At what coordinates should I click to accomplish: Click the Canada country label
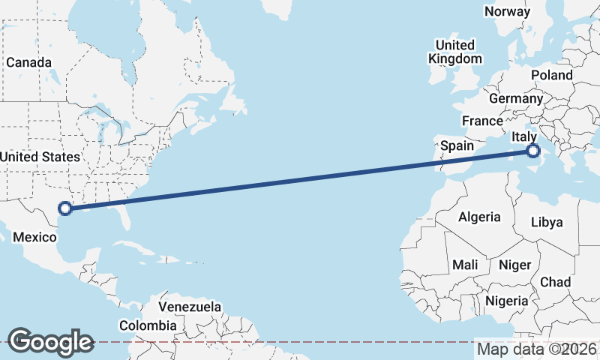[x=29, y=62]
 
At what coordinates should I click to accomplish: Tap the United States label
[x=40, y=157]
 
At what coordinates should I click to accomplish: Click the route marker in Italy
[x=533, y=151]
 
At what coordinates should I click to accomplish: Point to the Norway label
[x=507, y=11]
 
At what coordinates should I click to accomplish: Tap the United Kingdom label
[x=455, y=52]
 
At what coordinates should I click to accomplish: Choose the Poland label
[x=551, y=75]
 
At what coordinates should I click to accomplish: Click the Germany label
[x=515, y=98]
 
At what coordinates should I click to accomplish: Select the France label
[x=482, y=121]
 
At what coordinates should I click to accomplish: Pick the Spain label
[x=457, y=145]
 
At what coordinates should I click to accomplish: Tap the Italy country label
[x=523, y=136]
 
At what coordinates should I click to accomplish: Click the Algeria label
[x=479, y=217]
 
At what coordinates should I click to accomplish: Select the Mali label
[x=465, y=265]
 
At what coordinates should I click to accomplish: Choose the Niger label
[x=514, y=265]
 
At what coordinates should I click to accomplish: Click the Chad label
[x=555, y=282]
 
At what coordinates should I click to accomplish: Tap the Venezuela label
[x=190, y=307]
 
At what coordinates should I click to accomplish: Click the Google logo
[x=50, y=341]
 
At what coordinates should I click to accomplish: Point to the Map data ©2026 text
[x=537, y=349]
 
